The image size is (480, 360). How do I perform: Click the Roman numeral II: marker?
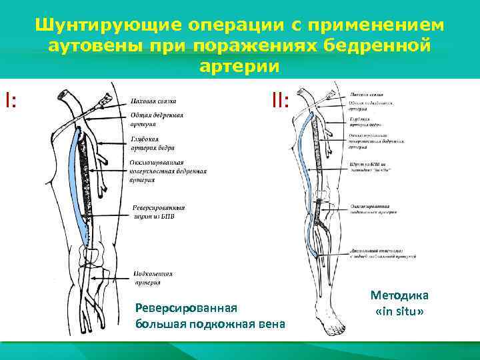(280, 101)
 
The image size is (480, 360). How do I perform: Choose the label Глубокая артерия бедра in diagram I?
(151, 144)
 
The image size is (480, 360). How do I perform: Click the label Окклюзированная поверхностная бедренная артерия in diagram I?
(167, 171)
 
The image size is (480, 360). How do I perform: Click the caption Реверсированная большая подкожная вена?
(209, 317)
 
